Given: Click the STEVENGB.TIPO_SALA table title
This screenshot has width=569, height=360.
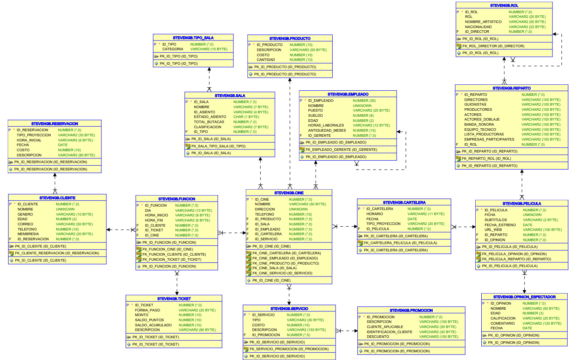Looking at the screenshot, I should (x=193, y=38).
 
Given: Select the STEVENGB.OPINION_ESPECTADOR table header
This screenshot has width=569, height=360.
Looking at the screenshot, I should (x=524, y=297).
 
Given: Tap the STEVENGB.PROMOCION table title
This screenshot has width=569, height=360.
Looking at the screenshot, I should (x=411, y=310).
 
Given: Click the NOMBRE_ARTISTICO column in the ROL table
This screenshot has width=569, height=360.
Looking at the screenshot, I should (x=484, y=22).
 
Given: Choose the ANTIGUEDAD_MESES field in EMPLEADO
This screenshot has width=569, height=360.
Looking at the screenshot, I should (x=327, y=130).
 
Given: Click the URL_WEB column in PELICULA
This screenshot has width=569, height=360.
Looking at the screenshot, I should (x=493, y=230).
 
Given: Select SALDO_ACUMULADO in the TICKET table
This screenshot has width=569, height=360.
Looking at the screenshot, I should (x=153, y=325).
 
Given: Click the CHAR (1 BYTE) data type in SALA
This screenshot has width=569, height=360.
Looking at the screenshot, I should (x=246, y=117).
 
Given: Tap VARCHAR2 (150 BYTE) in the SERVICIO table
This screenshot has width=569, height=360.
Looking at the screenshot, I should (x=306, y=330).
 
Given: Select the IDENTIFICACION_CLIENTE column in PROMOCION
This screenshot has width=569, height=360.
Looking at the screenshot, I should (x=389, y=332).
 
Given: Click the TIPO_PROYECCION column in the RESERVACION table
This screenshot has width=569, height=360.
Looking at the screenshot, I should (x=34, y=135).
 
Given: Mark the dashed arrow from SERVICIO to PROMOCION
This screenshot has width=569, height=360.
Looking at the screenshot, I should (x=346, y=331).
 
